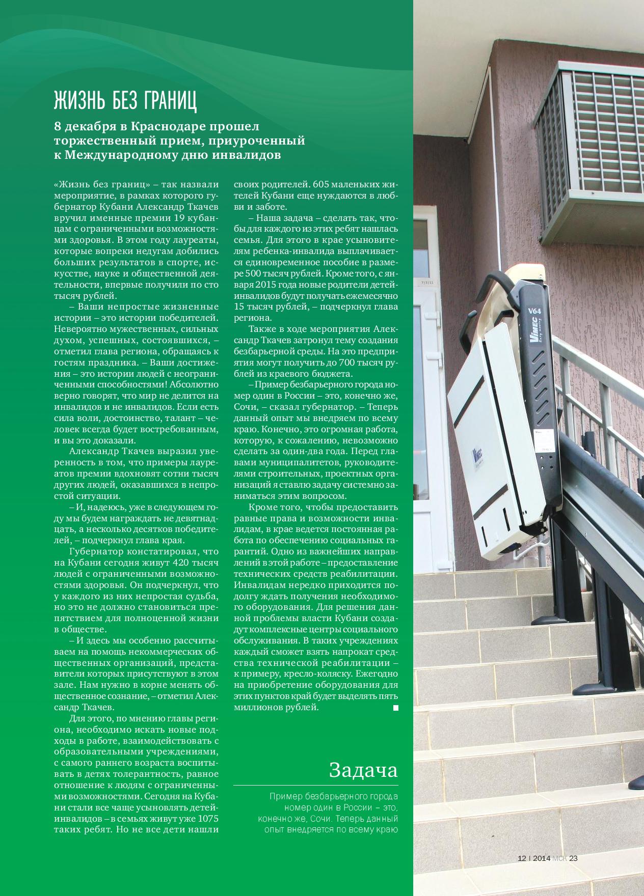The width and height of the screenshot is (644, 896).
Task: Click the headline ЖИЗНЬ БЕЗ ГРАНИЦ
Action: click(x=125, y=102)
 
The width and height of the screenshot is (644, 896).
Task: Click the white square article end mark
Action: click(x=395, y=708)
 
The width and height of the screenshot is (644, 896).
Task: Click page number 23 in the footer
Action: click(x=573, y=858)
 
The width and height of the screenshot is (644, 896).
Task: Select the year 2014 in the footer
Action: click(x=541, y=858)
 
